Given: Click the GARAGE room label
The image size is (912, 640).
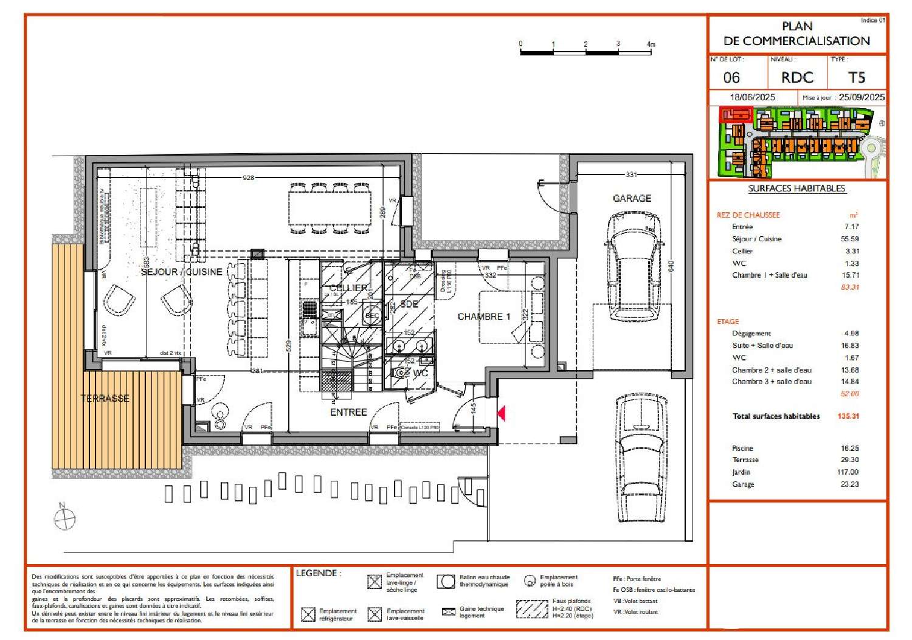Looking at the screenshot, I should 632,198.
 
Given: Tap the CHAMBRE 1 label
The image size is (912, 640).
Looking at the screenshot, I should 483,317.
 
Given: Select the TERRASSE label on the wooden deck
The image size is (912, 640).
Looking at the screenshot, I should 105,399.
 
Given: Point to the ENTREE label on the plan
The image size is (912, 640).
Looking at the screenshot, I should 348,412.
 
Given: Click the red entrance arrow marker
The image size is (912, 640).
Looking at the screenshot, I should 502,414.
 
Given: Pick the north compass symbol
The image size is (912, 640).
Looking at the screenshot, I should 64,517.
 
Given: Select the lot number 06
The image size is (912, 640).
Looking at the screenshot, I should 731,78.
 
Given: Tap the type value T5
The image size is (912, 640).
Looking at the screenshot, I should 856,78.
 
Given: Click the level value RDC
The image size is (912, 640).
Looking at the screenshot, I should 796,78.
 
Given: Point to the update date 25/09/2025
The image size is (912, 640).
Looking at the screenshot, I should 861,97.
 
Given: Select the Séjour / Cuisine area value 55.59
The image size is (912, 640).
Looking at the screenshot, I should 849,239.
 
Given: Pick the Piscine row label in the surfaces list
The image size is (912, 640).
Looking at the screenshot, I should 742,448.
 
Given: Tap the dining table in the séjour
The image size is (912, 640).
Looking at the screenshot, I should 330,208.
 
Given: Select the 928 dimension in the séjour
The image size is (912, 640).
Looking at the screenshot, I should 248,177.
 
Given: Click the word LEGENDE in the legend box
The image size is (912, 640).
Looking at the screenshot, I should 317,573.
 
